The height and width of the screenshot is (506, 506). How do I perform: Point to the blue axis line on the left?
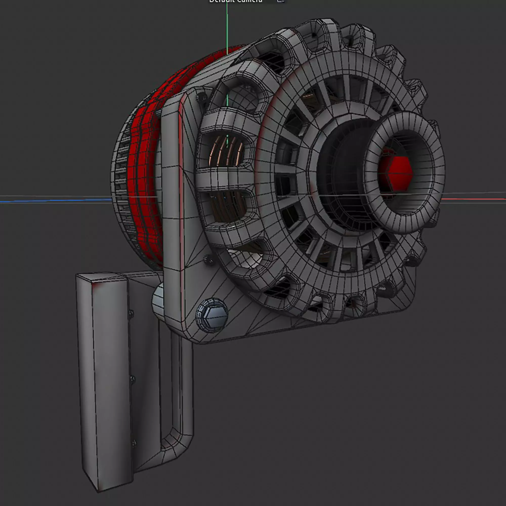tap(52, 201)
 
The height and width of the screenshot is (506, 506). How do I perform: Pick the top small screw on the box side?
tap(131, 313)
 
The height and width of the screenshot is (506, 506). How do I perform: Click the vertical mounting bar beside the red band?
tap(170, 183)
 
